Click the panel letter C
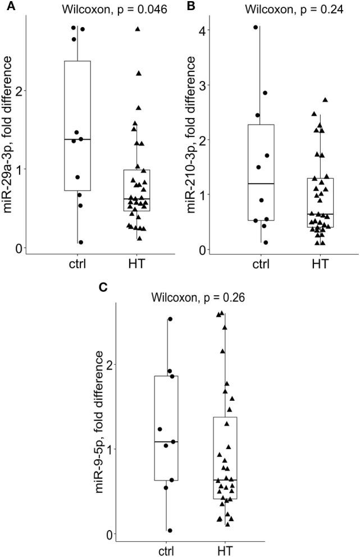tap(103, 288)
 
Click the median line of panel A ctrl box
tap(78, 139)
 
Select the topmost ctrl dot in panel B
tap(256, 27)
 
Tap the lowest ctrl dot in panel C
tap(170, 530)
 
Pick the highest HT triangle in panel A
tap(138, 28)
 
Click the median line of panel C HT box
tap(225, 480)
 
